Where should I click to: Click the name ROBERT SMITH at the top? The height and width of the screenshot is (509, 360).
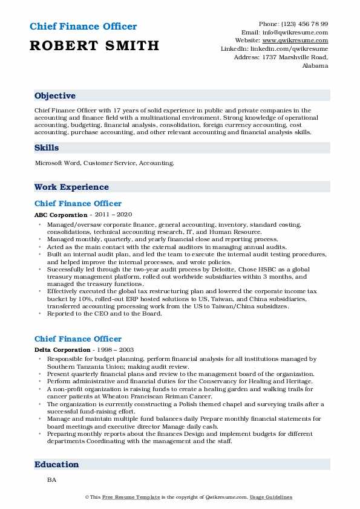(94, 45)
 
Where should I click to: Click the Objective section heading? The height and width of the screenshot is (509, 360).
(55, 96)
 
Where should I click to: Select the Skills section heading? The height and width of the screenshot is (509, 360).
(47, 148)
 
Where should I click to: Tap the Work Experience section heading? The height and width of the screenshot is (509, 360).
(71, 187)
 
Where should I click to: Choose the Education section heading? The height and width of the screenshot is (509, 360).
(57, 465)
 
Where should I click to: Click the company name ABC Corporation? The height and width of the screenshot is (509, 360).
(61, 215)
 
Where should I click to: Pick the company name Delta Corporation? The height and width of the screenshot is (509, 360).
(64, 350)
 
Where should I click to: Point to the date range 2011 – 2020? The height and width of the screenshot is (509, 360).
(113, 215)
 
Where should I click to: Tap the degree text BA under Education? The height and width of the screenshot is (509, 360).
(51, 479)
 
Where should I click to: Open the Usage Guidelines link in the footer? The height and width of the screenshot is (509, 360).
(272, 497)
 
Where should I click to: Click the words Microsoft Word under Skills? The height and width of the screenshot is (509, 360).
(57, 163)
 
